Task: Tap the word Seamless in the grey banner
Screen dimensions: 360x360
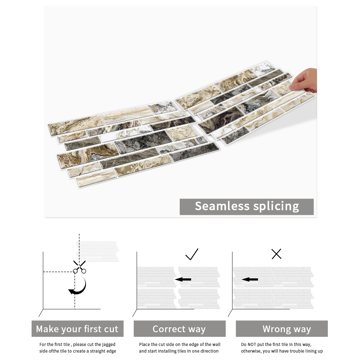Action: pos(222,206)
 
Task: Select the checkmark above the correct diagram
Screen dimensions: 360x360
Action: pos(192,254)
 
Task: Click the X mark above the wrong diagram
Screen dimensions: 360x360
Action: pos(277,254)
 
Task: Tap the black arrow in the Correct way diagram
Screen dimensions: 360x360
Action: pos(183,280)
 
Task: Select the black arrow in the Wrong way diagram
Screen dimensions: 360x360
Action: pos(250,280)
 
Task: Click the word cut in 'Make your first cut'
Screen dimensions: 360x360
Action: pos(111,329)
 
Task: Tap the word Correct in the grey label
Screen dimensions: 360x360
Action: pos(169,329)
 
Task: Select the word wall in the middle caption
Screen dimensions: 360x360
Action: pos(216,344)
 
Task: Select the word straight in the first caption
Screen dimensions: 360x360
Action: pos(97,351)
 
